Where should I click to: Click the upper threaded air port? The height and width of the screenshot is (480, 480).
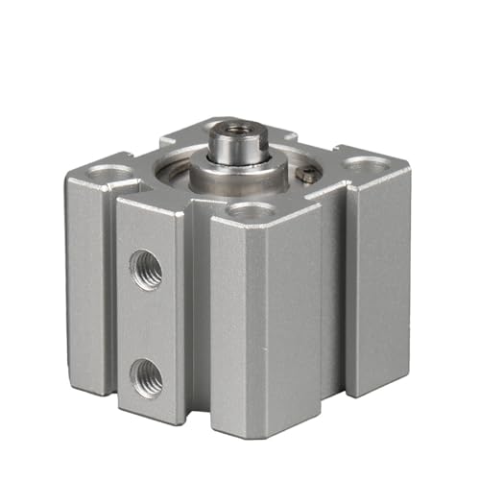coord(147,270)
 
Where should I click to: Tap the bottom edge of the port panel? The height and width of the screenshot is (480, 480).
coord(149,420)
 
